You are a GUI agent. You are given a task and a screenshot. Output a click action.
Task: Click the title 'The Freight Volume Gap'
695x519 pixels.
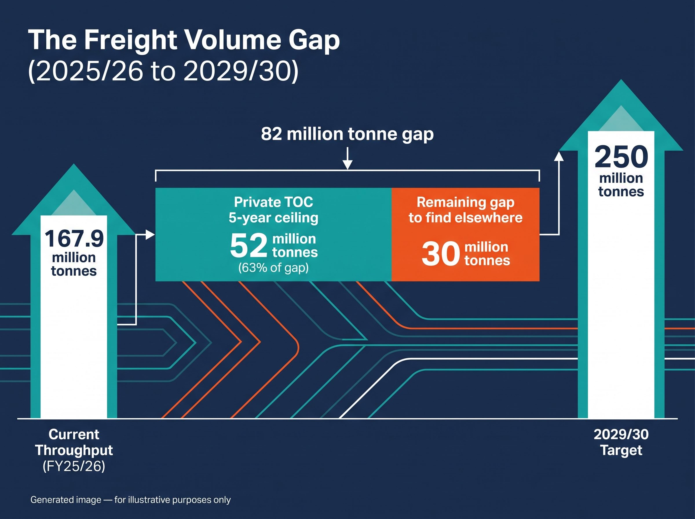tap(184, 40)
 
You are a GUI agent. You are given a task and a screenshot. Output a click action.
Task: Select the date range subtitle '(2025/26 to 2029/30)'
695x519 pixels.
tap(163, 71)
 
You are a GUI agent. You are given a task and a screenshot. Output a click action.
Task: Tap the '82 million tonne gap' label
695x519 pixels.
tap(347, 134)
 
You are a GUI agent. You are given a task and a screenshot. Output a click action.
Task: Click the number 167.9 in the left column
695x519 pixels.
tap(74, 239)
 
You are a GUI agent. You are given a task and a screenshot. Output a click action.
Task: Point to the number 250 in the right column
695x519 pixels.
tap(621, 157)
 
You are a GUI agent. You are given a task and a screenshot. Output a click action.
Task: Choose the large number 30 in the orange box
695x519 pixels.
tap(441, 254)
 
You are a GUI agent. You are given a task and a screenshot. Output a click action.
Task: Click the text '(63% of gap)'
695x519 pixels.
tap(273, 268)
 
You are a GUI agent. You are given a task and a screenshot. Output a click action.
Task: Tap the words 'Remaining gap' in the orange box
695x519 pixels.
tap(465, 203)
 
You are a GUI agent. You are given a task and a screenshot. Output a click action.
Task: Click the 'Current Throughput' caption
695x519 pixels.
tap(74, 442)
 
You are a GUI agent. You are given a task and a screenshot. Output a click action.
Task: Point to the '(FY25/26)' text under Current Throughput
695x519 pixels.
tap(74, 466)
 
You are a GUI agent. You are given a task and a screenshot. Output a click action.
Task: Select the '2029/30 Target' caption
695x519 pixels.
tap(621, 442)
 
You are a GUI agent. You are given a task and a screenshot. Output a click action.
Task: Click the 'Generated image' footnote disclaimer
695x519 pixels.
tap(131, 500)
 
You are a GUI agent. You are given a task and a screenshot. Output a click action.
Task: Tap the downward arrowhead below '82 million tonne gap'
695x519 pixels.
tap(347, 164)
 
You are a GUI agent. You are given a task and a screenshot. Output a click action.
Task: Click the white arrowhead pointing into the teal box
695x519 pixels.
tap(150, 235)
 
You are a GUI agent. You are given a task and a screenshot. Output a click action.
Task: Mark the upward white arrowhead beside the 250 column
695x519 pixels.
tap(559, 156)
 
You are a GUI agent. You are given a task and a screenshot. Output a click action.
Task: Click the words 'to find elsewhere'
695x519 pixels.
tap(465, 218)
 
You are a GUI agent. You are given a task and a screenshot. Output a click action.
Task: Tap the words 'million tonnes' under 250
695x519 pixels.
tap(621, 185)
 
